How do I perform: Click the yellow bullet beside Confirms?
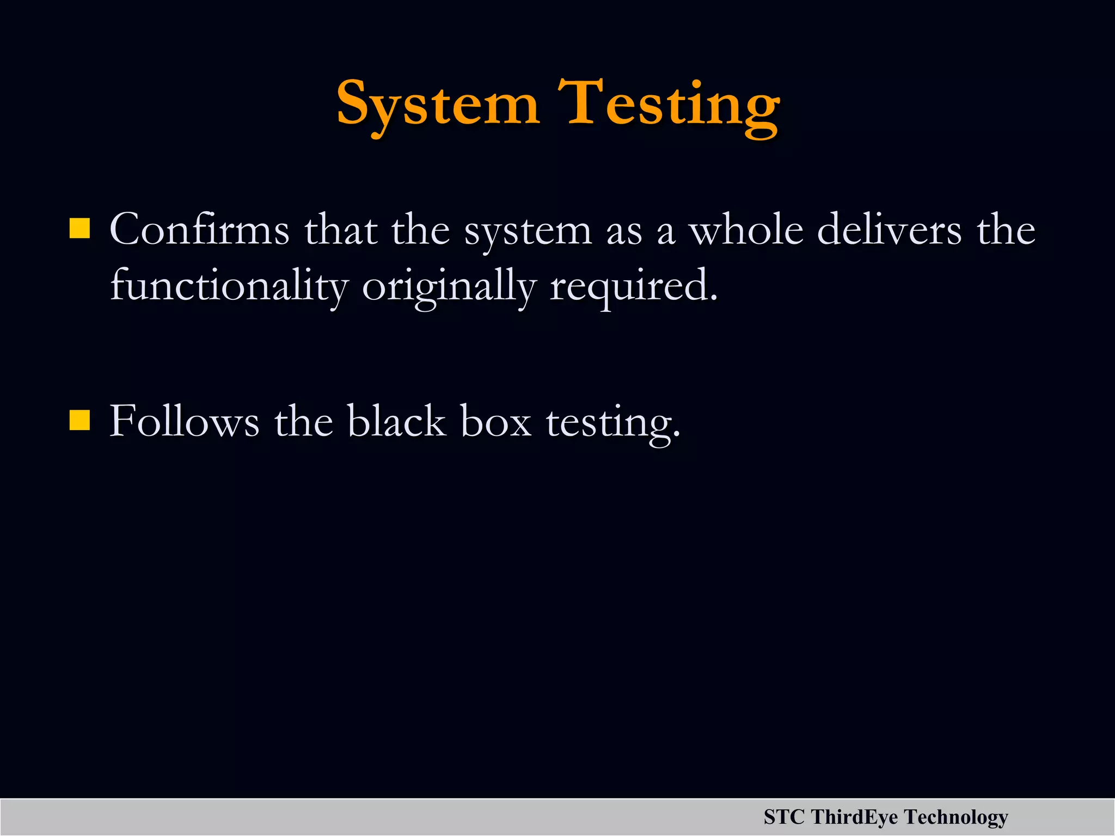point(79,229)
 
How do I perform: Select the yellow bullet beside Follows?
point(79,420)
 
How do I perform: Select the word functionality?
point(229,286)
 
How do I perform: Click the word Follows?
point(185,421)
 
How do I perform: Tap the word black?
point(396,421)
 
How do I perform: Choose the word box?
point(496,421)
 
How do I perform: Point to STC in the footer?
point(784,817)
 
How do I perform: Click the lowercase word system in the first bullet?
point(528,231)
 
